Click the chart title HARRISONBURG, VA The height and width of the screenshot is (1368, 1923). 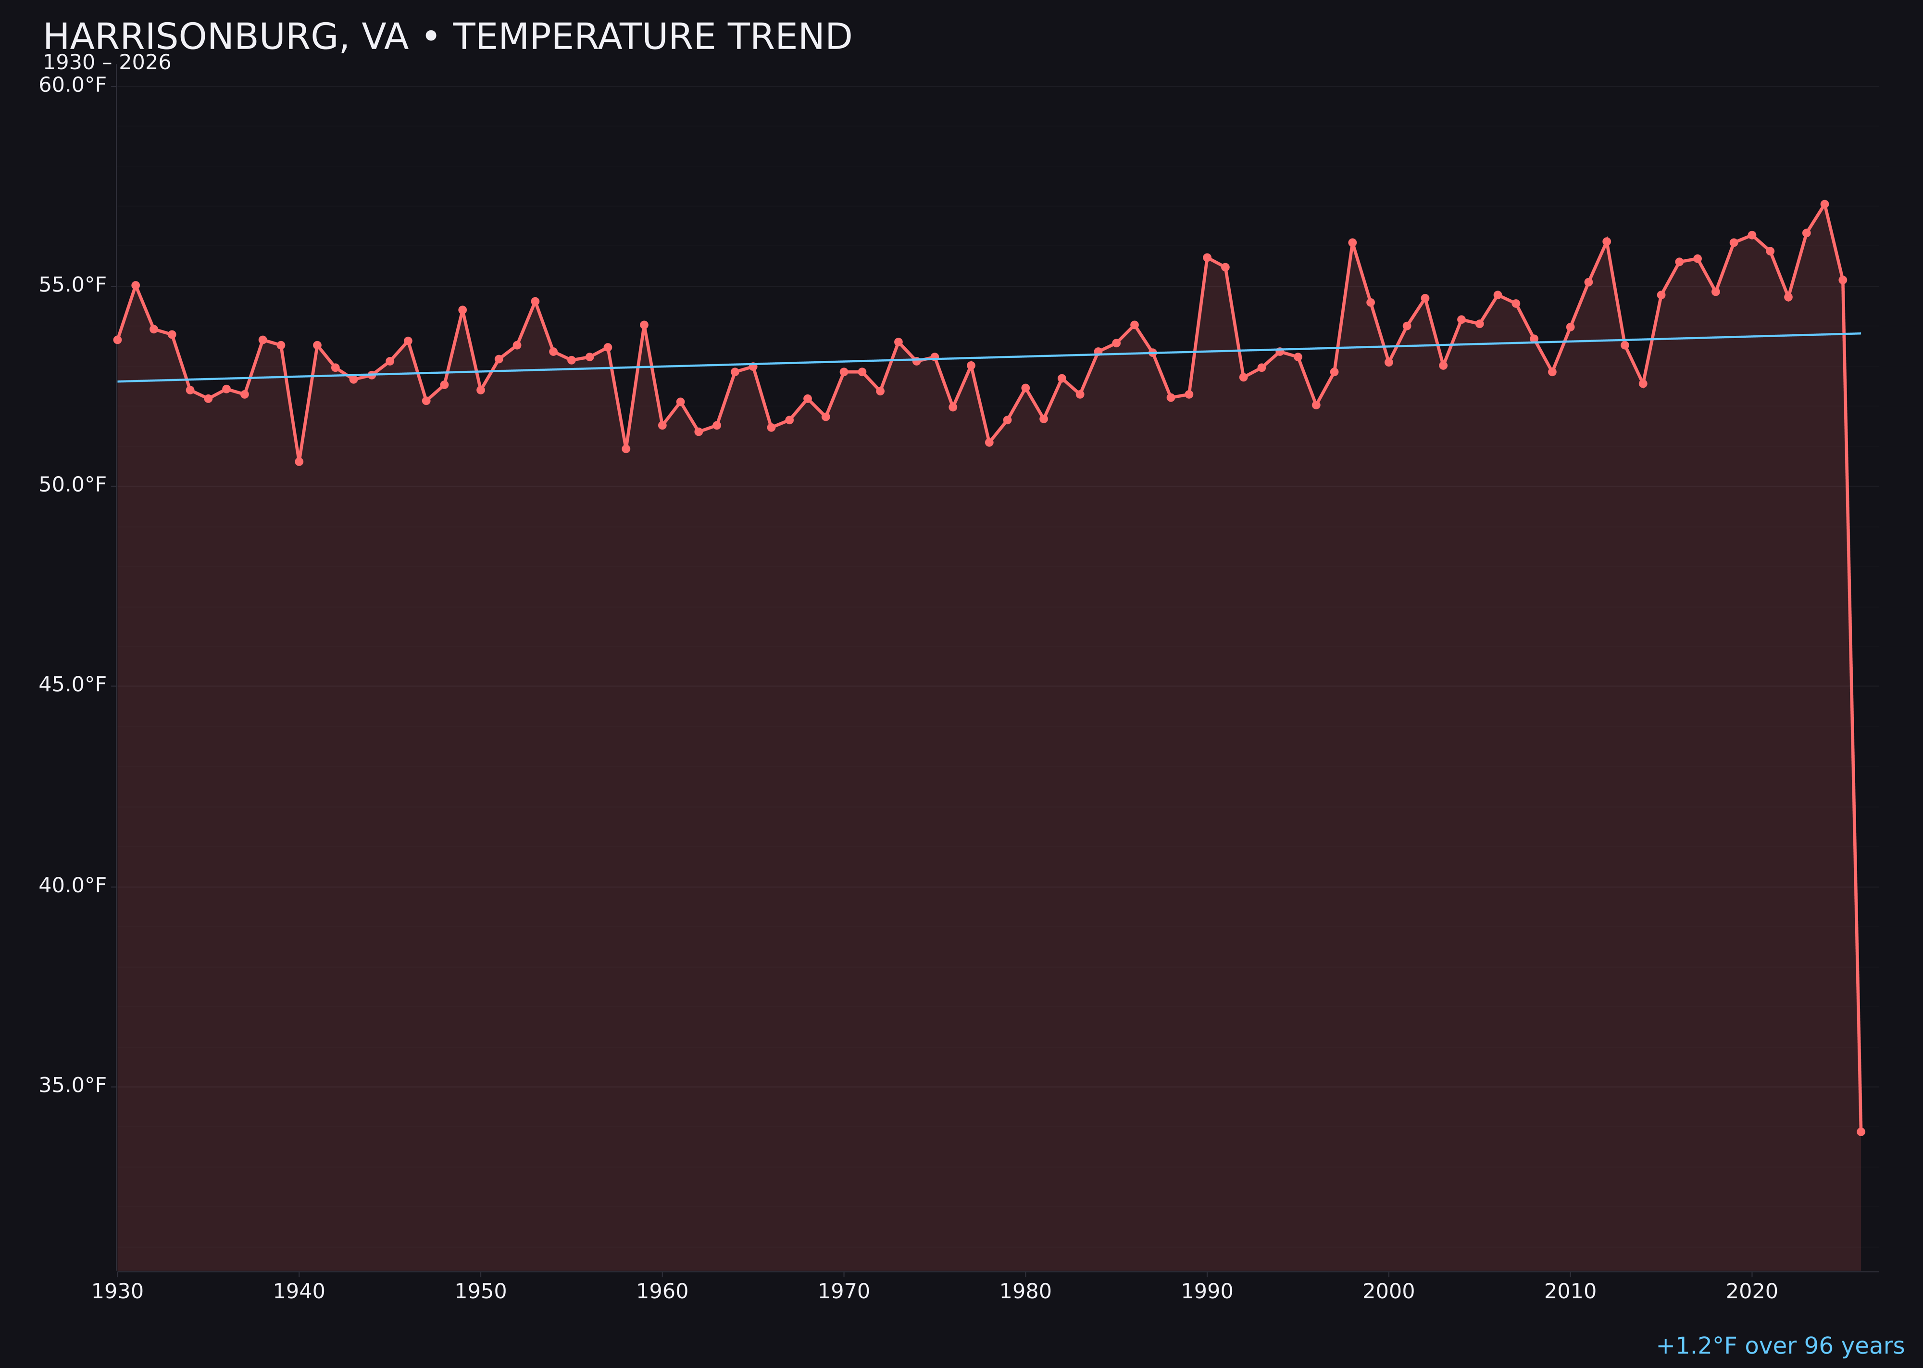click(x=446, y=37)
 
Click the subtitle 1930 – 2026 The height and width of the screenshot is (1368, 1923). click(x=107, y=63)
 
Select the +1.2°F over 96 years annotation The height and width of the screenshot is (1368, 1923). click(x=1779, y=1346)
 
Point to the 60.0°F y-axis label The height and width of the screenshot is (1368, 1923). click(x=73, y=85)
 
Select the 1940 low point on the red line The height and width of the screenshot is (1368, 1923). click(x=299, y=462)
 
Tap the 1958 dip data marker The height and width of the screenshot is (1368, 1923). click(x=625, y=449)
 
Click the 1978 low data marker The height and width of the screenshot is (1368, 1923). click(x=989, y=442)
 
